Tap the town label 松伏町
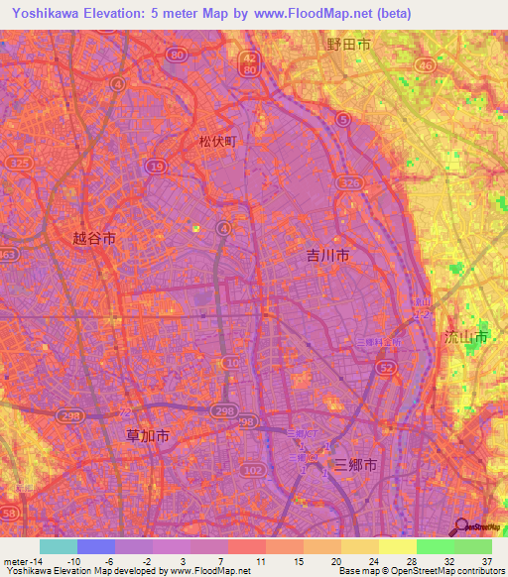[219, 142]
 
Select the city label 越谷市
[94, 238]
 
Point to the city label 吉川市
[327, 255]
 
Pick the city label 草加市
[148, 434]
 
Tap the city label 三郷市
[355, 463]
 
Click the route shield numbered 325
[17, 162]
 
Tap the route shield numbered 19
[156, 169]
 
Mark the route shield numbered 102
[255, 470]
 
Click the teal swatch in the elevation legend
[59, 546]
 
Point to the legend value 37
[486, 560]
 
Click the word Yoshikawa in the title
[43, 14]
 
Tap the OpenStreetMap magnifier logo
[462, 526]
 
